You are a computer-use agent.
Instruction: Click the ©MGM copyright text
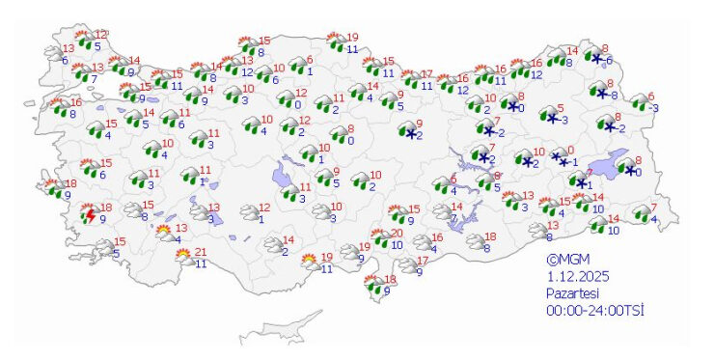pyautogui.click(x=567, y=260)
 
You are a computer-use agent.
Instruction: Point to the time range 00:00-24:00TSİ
pyautogui.click(x=594, y=310)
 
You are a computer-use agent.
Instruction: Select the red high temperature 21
pyautogui.click(x=201, y=253)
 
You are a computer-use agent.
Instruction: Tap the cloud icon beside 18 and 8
pyautogui.click(x=474, y=242)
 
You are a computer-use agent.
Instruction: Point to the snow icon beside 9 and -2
pyautogui.click(x=407, y=129)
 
